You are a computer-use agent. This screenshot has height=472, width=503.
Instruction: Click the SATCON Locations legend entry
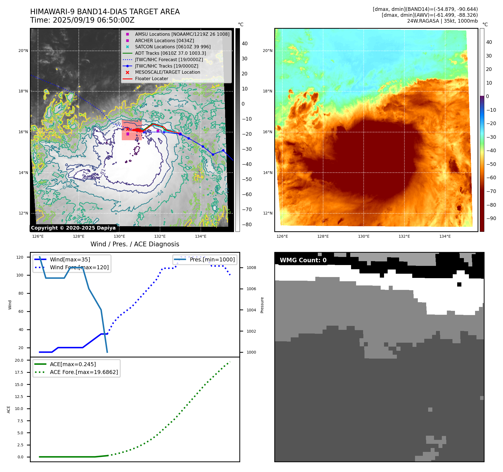click(173, 47)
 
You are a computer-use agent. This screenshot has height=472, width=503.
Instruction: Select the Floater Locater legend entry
click(151, 79)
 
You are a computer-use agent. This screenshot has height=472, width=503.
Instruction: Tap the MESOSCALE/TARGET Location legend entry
click(167, 72)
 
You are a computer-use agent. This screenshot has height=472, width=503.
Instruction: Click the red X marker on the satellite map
click(128, 129)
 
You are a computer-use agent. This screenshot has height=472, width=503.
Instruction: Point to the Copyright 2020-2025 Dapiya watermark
click(73, 228)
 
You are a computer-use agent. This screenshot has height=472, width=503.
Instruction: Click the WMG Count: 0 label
click(303, 260)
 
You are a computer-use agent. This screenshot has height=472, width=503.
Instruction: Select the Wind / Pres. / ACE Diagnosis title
click(135, 244)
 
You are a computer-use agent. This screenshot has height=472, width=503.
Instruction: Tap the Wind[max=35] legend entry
click(70, 259)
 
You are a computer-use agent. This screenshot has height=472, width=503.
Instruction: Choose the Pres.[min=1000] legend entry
click(212, 259)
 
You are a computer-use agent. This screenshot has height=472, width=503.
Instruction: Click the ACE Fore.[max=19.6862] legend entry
click(84, 372)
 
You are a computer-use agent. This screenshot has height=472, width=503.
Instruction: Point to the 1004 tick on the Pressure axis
click(251, 310)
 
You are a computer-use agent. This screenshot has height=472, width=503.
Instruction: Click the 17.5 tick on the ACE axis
click(19, 372)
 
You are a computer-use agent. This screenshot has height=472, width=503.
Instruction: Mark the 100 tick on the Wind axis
click(20, 275)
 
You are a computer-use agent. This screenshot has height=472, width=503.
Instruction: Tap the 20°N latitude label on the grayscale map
click(23, 51)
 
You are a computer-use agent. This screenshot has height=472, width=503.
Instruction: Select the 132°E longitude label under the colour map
click(404, 237)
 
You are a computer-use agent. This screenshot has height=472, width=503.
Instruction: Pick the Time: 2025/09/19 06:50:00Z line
click(82, 20)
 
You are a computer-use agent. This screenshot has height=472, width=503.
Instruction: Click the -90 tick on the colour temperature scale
click(491, 218)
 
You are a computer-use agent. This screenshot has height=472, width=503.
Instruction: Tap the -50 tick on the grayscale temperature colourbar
click(247, 179)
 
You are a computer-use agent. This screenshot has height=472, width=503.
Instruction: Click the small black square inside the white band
click(459, 284)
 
